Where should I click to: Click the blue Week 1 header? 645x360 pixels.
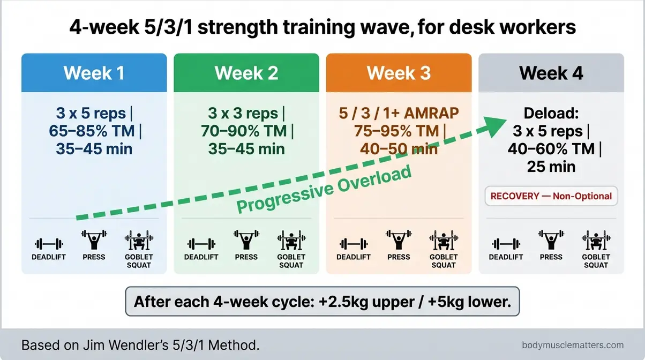pos(94,73)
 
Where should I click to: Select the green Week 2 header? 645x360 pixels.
pos(246,73)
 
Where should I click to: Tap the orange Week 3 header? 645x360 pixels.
pos(399,73)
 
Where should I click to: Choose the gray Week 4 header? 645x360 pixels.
pos(551,73)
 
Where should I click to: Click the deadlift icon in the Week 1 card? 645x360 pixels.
pos(49,244)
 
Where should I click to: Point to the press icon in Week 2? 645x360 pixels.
pos(246,241)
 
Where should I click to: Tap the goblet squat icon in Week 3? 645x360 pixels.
pos(444,242)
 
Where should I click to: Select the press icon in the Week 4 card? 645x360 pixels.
pos(551,241)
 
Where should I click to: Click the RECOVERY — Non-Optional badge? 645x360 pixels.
pos(551,196)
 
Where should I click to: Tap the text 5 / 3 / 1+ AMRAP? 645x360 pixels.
pos(399,114)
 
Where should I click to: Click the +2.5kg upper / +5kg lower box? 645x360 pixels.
pos(322,302)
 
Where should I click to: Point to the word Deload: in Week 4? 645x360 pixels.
pos(551,114)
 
